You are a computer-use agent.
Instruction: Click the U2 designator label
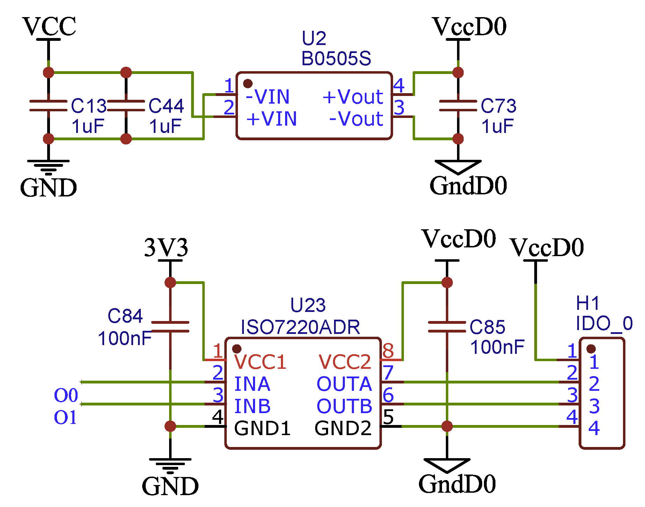(x=314, y=38)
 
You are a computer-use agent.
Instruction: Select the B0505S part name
(x=336, y=59)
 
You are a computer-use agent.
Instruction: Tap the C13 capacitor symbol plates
(x=49, y=105)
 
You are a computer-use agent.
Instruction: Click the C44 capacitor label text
(x=166, y=106)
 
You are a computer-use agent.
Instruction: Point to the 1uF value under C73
(x=497, y=126)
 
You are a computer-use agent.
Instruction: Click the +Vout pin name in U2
(x=353, y=97)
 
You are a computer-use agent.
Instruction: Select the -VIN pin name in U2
(x=268, y=97)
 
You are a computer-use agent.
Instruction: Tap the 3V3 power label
(x=166, y=248)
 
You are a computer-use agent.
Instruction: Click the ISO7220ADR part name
(x=300, y=327)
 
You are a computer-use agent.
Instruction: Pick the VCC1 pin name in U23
(x=260, y=362)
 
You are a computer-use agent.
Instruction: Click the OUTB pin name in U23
(x=344, y=406)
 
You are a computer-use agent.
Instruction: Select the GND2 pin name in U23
(x=343, y=428)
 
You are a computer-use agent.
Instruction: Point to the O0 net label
(x=66, y=395)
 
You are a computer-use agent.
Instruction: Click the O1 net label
(x=65, y=417)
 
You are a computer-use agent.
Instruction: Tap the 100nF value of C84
(x=124, y=338)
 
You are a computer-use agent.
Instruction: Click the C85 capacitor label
(x=487, y=327)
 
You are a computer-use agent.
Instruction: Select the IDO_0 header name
(x=604, y=323)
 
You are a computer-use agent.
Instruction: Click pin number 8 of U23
(x=388, y=351)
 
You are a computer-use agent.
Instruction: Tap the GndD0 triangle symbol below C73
(x=458, y=167)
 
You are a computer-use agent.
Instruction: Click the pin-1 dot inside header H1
(x=591, y=349)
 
